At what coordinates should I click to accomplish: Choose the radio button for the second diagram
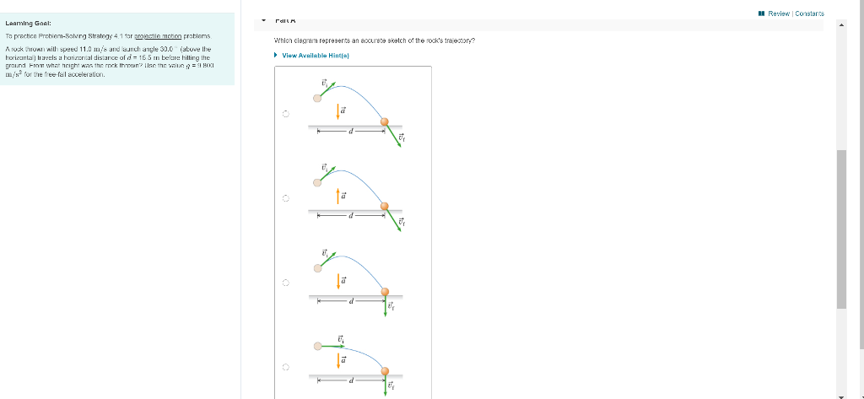286,199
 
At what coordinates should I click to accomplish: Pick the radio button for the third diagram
286,283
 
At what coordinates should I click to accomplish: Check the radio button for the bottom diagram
286,368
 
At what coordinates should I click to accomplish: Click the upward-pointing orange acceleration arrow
339,195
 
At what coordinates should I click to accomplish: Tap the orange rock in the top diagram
385,122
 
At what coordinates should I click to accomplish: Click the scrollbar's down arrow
840,394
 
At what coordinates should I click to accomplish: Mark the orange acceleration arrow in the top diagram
339,111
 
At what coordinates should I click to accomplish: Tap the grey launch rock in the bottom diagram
317,345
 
